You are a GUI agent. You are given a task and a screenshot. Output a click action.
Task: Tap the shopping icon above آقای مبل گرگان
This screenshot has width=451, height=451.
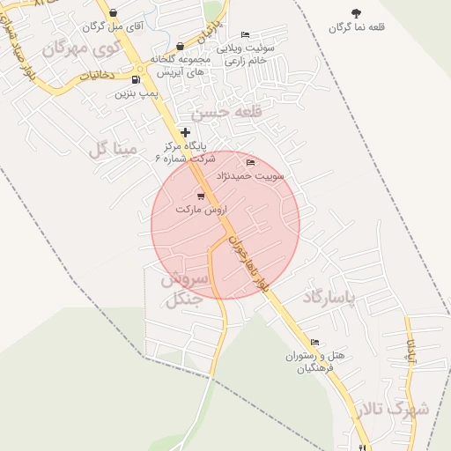point(113,13)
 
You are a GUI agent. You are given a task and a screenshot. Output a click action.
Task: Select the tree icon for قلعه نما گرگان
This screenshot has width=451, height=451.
point(356,13)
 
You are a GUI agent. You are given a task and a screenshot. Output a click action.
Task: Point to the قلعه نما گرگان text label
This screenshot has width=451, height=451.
point(357,27)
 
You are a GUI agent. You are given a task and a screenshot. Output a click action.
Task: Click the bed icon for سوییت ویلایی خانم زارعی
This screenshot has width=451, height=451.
point(245,35)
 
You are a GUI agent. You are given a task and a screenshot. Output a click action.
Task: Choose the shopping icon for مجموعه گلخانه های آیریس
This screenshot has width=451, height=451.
point(180,46)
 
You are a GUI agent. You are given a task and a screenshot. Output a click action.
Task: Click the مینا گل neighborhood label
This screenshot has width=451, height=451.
point(113,150)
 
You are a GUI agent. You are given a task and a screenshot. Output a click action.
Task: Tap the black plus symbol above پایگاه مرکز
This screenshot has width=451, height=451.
point(184,132)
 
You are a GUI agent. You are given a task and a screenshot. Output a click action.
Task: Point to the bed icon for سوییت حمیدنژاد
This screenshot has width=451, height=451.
point(251,163)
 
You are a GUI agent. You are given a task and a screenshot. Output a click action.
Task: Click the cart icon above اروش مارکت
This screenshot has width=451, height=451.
point(201,196)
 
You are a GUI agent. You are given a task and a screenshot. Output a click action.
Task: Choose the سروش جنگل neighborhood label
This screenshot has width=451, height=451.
point(183,289)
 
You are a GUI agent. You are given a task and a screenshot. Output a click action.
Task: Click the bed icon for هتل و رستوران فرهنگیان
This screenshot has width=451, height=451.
point(314,342)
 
